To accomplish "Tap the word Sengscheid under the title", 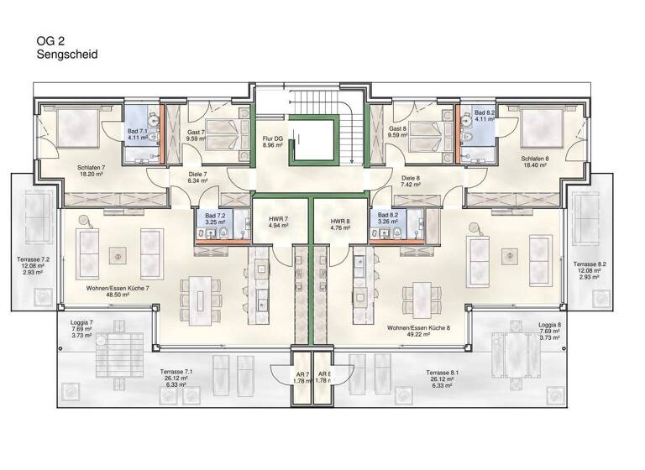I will point(67,54).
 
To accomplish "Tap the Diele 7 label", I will point(197,175).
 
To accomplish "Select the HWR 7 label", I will point(278,218).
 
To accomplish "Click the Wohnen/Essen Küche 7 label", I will point(118,288).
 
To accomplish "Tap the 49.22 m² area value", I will point(417,334).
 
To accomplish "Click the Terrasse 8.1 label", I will point(441,372).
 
